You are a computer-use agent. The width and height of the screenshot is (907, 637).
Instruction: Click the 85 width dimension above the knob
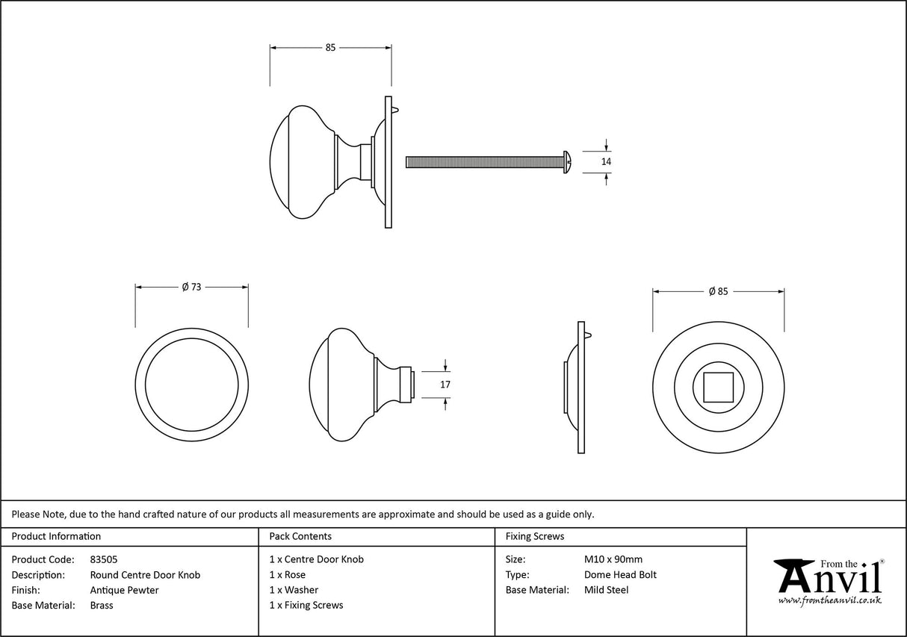330,48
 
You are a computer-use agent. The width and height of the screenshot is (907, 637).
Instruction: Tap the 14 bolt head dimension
606,161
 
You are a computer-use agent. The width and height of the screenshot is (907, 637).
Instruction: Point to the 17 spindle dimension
446,385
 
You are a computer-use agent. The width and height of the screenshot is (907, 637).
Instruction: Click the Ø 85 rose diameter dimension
717,291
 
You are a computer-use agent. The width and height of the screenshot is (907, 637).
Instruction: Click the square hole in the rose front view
718,387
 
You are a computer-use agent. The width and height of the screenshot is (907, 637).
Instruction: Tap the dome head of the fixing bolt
567,161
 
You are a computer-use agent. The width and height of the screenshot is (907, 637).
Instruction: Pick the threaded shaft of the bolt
482,161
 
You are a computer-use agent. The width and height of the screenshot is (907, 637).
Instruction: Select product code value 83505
103,559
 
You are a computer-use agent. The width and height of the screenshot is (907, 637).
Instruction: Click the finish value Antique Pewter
124,590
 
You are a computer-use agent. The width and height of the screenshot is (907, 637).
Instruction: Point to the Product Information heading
56,536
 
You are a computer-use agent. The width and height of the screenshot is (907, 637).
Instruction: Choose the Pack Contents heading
300,536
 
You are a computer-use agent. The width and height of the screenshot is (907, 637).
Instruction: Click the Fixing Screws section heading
535,536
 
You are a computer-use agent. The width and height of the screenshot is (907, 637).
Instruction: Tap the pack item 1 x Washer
294,590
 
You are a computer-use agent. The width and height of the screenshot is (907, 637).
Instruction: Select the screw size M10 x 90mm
613,559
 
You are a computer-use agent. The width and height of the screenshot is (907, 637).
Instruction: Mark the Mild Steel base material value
606,590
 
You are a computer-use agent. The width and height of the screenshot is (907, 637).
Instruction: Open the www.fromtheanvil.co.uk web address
829,600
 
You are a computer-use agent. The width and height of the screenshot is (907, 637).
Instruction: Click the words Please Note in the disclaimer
38,514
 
